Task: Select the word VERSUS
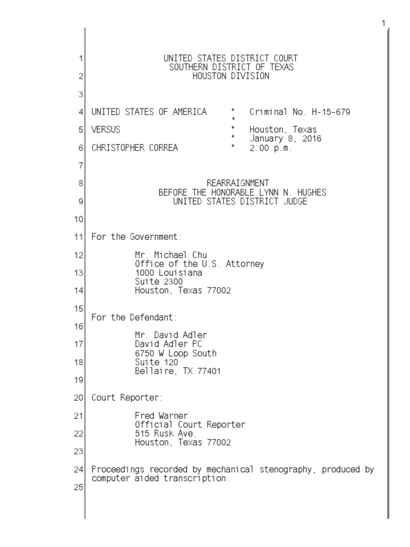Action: click(106, 130)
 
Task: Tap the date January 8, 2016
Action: click(285, 139)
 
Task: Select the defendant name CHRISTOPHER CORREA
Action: click(135, 149)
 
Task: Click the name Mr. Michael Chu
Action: click(170, 255)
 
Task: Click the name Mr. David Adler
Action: click(171, 335)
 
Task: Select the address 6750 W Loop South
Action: click(176, 353)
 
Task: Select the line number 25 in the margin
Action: click(79, 488)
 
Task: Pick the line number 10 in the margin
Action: click(79, 220)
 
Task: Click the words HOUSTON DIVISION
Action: click(231, 76)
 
